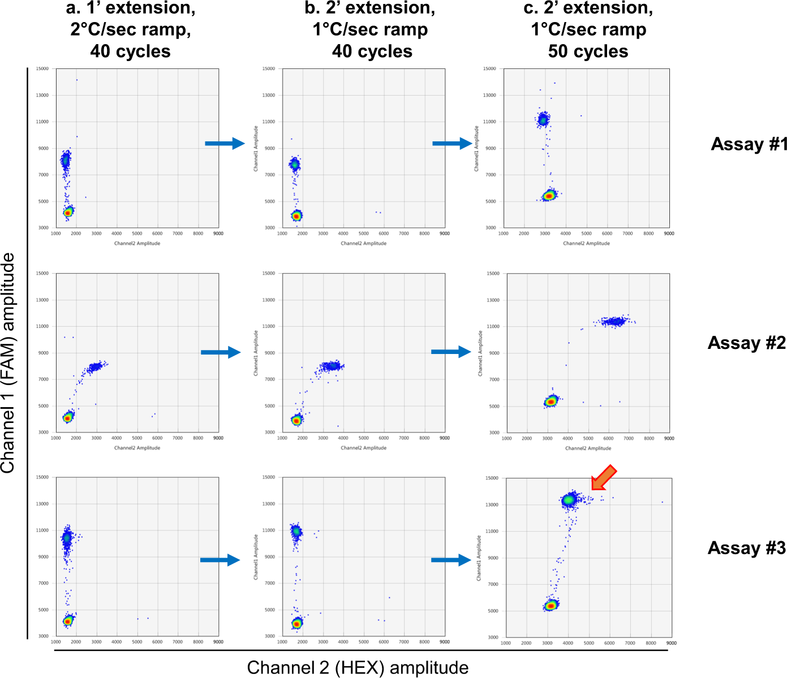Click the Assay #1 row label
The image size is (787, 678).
tap(749, 144)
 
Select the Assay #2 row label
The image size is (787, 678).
tap(746, 343)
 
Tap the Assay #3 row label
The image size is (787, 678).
tap(746, 548)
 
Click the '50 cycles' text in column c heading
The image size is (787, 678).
tap(588, 51)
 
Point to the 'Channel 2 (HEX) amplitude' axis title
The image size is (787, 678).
tap(358, 667)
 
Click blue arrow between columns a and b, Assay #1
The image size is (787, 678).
tap(225, 144)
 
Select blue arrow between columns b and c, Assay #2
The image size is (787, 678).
tap(451, 352)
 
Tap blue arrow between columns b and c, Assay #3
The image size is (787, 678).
tap(451, 560)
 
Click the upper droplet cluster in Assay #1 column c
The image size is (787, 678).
tap(544, 119)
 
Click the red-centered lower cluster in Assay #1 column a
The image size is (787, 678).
tap(68, 213)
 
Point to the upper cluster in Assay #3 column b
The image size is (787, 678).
tap(296, 532)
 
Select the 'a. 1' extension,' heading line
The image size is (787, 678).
tap(130, 8)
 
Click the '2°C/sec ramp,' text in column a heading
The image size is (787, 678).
tap(130, 29)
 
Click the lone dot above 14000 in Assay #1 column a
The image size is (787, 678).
tap(77, 80)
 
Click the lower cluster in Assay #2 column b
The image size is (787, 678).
tap(296, 420)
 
